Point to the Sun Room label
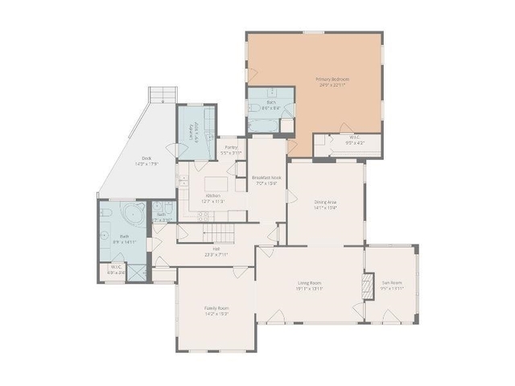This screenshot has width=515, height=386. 392,283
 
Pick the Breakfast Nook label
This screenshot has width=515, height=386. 265,178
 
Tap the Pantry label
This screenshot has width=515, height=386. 231,147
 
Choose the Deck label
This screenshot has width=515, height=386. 146,158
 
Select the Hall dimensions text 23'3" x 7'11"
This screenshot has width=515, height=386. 216,254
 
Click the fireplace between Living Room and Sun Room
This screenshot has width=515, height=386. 369,285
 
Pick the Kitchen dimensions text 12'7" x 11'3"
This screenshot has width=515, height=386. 214,201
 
